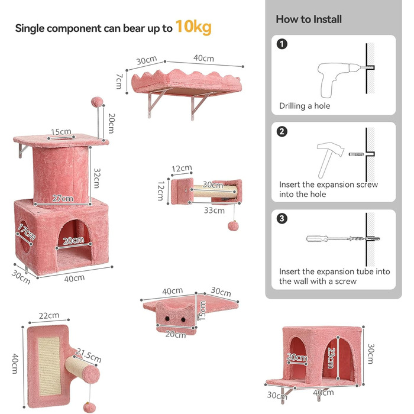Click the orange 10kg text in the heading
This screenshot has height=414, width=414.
tap(193, 27)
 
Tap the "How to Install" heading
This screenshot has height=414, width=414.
tap(309, 20)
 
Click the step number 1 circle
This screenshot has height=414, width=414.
tap(282, 44)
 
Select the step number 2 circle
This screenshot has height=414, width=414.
tap(282, 131)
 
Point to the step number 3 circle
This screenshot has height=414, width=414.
tap(282, 218)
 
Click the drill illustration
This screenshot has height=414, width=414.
tap(341, 79)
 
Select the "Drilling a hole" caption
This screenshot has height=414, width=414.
tap(305, 106)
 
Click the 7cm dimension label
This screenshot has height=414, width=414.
tap(119, 82)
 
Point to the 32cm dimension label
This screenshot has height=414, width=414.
tap(97, 178)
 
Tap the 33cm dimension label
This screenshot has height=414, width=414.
tap(214, 211)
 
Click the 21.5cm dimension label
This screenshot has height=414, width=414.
tap(89, 355)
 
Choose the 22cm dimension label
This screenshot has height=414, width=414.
tap(49, 315)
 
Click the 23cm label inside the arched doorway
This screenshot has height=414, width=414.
tap(331, 358)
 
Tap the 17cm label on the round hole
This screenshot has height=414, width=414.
tap(27, 232)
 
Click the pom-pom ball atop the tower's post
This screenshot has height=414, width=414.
tap(97, 102)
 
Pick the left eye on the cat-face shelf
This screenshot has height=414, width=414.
tap(167, 319)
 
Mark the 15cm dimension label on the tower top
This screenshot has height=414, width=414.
tap(61, 132)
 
